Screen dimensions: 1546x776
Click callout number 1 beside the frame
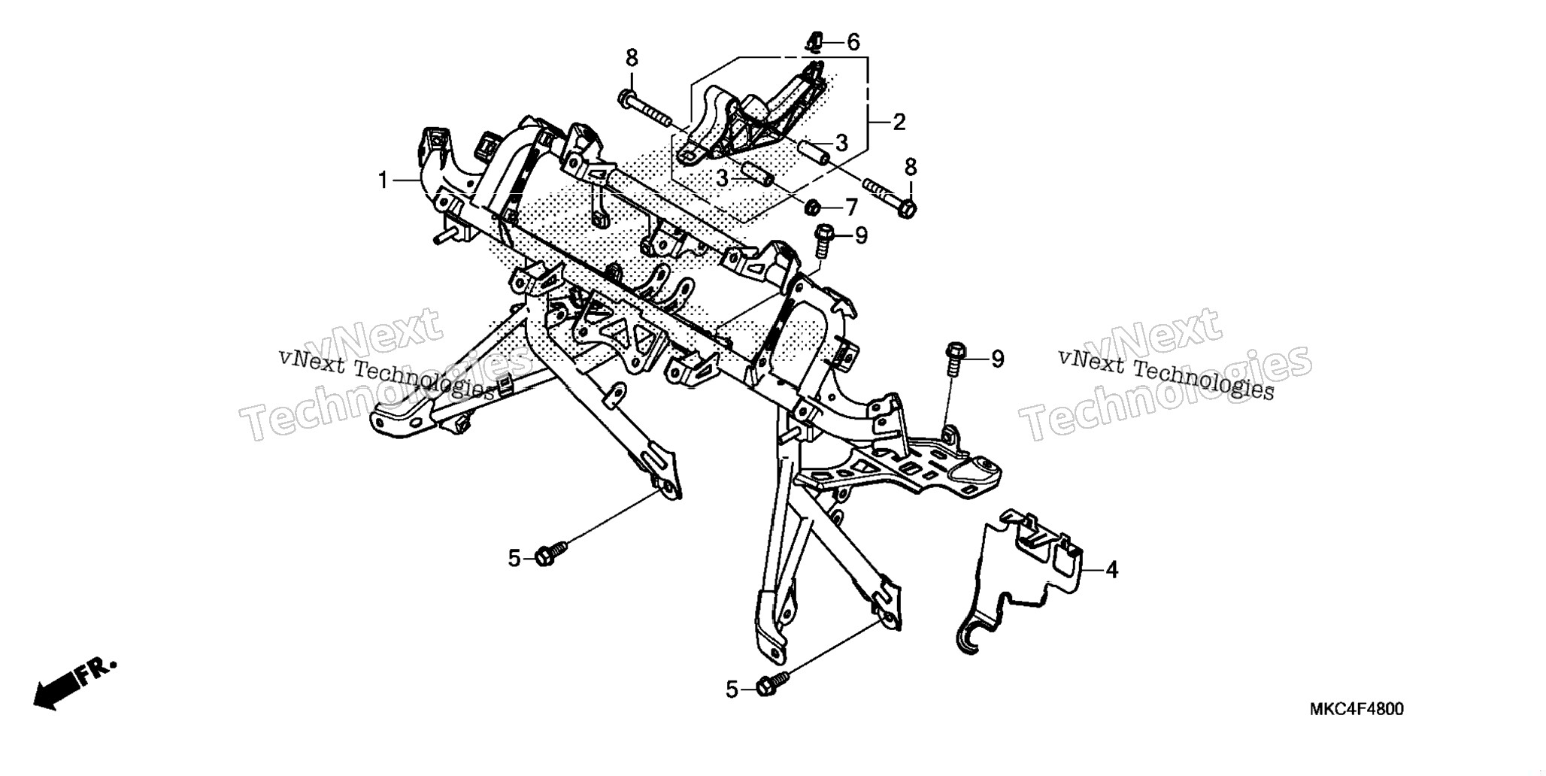383,180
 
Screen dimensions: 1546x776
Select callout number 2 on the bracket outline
899,121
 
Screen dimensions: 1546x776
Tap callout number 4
1111,570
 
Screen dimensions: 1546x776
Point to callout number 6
852,42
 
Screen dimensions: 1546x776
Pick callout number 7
850,207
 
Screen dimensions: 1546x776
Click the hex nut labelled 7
812,206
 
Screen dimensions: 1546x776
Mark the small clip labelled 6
814,41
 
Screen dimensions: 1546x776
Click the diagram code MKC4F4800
1357,709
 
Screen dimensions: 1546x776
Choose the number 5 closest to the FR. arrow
514,558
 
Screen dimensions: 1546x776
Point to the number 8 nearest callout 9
911,167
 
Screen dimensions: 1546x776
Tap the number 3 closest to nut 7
722,179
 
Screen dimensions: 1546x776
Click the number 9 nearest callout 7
861,236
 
